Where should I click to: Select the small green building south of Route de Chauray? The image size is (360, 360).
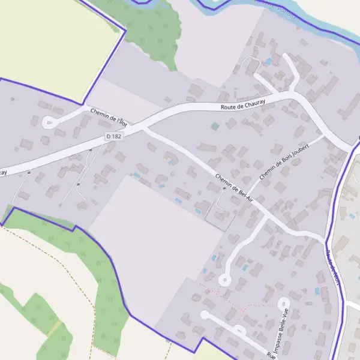coord(215,127)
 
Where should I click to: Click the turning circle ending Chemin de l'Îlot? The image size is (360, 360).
coord(49,122)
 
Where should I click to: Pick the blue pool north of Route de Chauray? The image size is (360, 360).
coord(268,61)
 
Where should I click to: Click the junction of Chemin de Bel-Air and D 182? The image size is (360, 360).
coord(145,127)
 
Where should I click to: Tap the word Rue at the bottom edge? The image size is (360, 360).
coord(272,356)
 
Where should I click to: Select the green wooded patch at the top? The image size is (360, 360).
coord(150,27)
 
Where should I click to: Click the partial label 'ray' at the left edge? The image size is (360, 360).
coord(3,172)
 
